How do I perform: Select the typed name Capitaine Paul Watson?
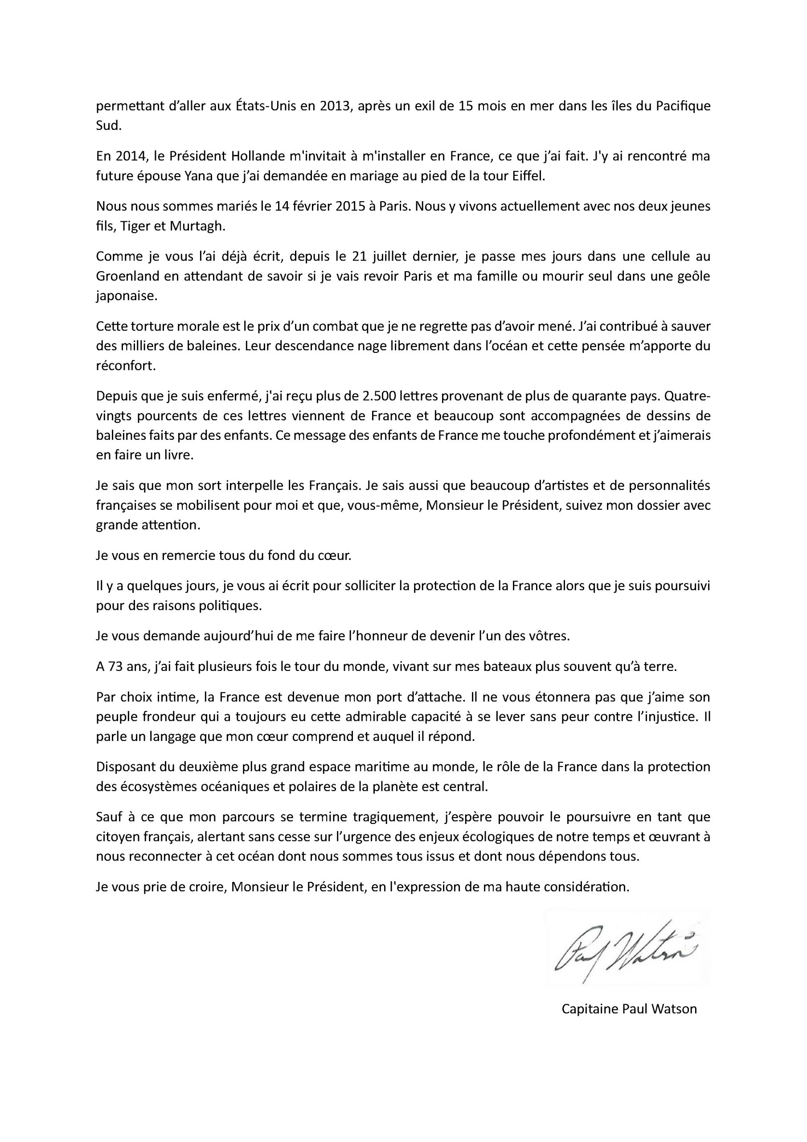pyautogui.click(x=629, y=1009)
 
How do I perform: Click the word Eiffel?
pyautogui.click(x=528, y=177)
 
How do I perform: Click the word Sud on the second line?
pyautogui.click(x=108, y=126)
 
